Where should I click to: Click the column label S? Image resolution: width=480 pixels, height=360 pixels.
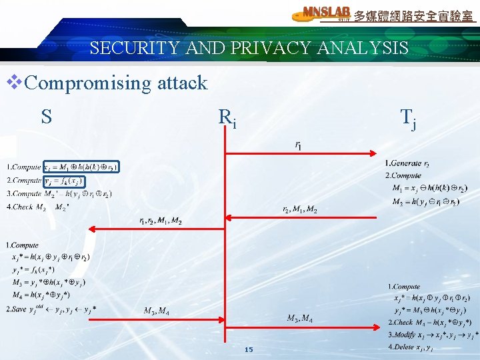(x=46, y=117)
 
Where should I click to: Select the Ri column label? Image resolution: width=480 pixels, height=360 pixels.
(x=227, y=119)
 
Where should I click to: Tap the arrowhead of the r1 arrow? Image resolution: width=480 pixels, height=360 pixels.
(x=377, y=154)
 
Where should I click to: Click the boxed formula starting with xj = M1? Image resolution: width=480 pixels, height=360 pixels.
(x=81, y=167)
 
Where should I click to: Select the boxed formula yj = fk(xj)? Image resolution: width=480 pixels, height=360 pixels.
(x=63, y=180)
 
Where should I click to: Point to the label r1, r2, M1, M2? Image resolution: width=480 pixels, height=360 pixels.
(x=160, y=221)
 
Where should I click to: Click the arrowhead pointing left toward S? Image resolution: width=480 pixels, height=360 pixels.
(x=93, y=229)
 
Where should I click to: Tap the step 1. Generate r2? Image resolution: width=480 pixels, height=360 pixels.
(x=407, y=163)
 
